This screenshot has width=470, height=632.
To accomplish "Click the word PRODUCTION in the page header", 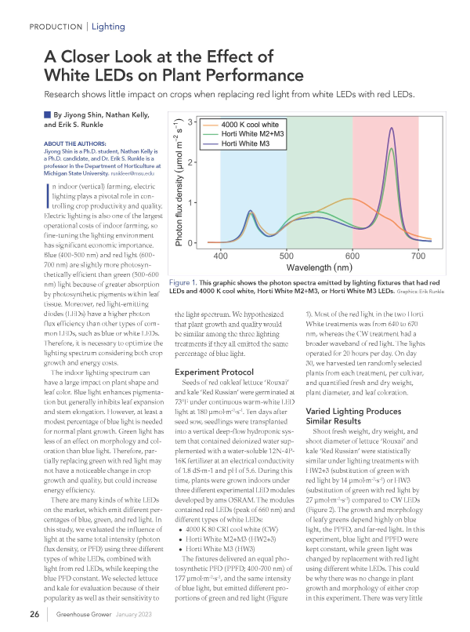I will click(x=56, y=27).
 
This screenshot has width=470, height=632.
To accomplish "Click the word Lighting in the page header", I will click(x=108, y=27).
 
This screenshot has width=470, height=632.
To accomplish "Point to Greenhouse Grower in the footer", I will click(x=81, y=612).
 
